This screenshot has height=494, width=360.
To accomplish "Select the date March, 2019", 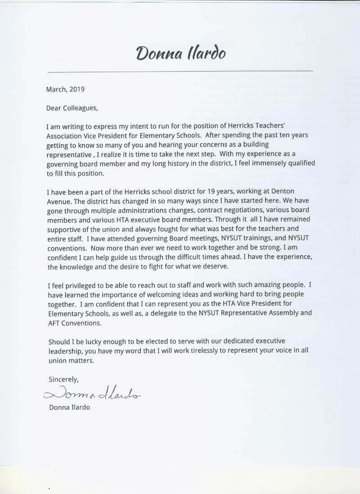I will [65, 89].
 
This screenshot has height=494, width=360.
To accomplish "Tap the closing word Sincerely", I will [63, 380].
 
